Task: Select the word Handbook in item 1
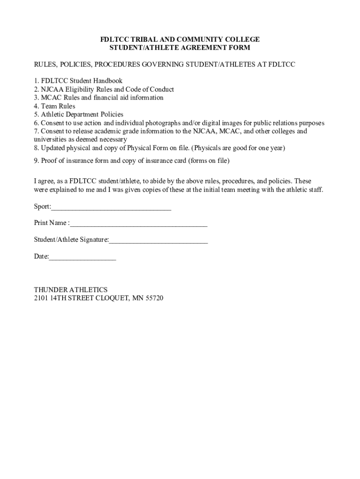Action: [x=108, y=81]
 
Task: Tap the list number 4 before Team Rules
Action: [x=36, y=106]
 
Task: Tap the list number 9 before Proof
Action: [x=36, y=161]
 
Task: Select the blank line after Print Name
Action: [x=138, y=224]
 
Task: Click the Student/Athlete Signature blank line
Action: [x=158, y=241]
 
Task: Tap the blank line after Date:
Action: [x=82, y=257]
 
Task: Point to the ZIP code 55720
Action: [x=154, y=298]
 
